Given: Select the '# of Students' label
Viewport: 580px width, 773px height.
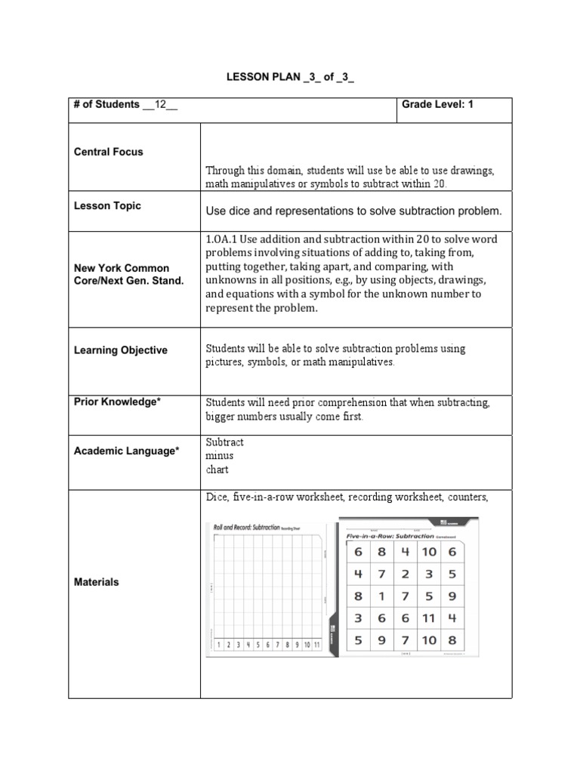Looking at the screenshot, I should [106, 104].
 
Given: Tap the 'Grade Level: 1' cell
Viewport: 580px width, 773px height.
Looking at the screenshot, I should [437, 104].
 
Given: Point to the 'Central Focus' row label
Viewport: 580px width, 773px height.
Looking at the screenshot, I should [108, 152].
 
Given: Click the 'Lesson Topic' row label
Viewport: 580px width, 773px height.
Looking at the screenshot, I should [107, 206].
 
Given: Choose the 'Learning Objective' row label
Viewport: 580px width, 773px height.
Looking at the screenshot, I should [121, 350].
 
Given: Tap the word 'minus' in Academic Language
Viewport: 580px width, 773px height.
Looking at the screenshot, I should [219, 456].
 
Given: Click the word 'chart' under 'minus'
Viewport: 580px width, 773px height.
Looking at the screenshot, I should [217, 470].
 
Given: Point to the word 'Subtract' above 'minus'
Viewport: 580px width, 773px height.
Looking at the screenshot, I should [224, 442].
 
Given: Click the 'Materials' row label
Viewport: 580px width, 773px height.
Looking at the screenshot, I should [96, 582].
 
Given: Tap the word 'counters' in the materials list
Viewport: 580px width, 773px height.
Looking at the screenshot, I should [467, 497].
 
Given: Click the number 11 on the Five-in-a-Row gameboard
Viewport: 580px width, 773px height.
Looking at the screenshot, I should [428, 617].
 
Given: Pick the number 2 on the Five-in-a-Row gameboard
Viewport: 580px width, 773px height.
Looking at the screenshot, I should [406, 574].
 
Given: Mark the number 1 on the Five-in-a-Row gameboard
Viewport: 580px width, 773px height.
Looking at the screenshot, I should [382, 596].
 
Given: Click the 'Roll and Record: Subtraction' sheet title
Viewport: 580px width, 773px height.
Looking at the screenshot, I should [246, 528].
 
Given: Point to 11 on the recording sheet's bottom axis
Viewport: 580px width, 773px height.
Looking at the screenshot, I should [316, 645].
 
